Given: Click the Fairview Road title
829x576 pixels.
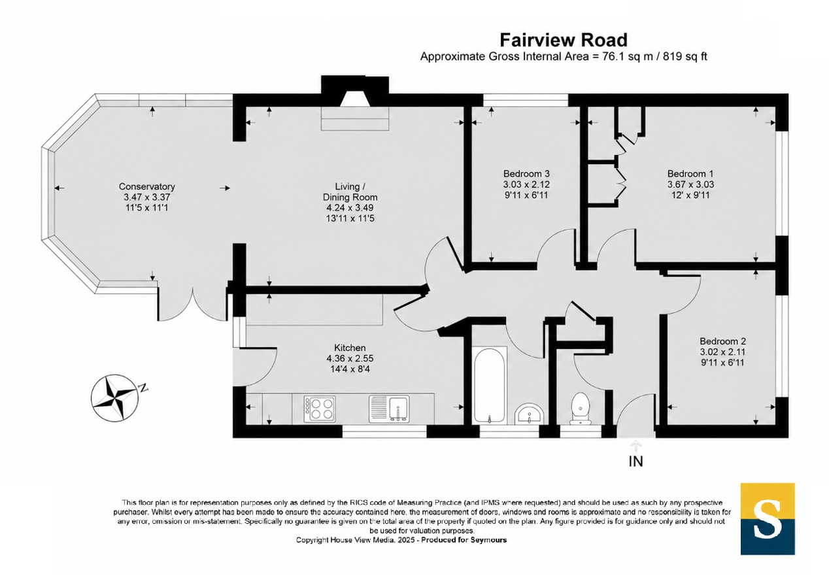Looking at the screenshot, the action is click(x=564, y=40).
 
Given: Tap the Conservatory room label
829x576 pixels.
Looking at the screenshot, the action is click(x=146, y=186).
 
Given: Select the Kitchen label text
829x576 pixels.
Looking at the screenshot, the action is click(x=350, y=348).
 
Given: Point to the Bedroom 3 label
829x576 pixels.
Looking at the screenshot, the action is click(x=526, y=173).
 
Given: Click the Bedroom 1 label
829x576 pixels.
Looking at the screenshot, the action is click(x=690, y=173).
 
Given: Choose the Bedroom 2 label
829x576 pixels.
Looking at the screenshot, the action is click(x=722, y=341).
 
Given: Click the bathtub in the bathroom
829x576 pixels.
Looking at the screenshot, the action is click(x=489, y=384).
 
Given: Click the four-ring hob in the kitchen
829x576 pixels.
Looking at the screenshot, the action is click(x=320, y=409).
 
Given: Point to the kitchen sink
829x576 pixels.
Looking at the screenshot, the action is click(x=389, y=409).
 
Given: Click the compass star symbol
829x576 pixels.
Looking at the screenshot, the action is click(x=115, y=398).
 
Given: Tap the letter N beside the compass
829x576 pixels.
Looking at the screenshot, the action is click(x=143, y=388).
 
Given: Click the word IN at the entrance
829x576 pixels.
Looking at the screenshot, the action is click(x=636, y=462).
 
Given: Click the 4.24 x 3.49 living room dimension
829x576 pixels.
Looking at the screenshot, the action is click(x=350, y=208).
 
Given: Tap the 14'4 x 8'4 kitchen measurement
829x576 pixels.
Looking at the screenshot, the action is click(x=350, y=369).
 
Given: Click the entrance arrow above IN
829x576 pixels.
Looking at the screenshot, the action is click(x=636, y=446).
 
